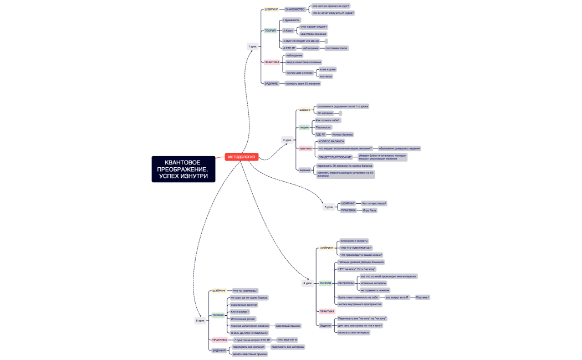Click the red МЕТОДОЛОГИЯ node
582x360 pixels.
coord(242,157)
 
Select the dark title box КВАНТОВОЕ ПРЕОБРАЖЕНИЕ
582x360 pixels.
coord(183,169)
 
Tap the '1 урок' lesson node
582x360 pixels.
coord(253,47)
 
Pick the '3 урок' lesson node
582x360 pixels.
coord(329,207)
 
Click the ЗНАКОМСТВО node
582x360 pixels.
coord(294,9)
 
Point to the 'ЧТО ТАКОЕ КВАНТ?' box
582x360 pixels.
coord(314,27)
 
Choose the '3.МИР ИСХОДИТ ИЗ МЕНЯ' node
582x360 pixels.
coord(302,41)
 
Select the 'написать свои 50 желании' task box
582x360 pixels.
coord(303,84)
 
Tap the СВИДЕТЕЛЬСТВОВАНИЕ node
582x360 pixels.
coord(331,157)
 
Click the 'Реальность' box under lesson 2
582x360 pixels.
coord(323,127)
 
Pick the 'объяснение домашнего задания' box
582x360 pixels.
coord(399,148)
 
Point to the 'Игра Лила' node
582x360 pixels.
coord(370,210)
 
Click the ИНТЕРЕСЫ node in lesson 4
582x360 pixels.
coord(346,283)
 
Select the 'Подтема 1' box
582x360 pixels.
coord(422,297)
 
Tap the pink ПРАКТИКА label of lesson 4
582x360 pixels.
coord(327,311)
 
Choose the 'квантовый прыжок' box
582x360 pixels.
coord(288,326)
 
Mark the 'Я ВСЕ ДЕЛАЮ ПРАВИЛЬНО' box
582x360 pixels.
coord(249,333)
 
